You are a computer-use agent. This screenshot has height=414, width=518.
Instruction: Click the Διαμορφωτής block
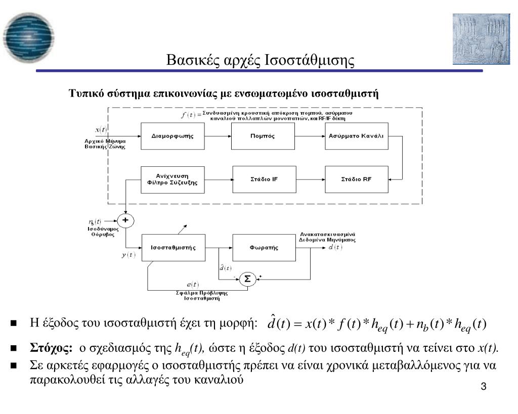tap(172, 136)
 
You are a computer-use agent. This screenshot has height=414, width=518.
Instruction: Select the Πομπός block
tap(262, 136)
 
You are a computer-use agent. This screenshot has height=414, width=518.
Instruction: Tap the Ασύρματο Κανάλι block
tap(356, 136)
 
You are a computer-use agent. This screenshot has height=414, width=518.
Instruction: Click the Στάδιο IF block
tap(264, 179)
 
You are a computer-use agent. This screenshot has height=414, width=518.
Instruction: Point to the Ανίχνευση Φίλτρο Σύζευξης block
tap(172, 179)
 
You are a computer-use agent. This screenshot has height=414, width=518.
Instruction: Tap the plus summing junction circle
tap(125, 220)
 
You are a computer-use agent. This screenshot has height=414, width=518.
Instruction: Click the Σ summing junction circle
tap(247, 279)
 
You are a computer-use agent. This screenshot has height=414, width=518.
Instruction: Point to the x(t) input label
tap(101, 130)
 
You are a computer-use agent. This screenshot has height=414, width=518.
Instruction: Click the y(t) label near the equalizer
tap(128, 255)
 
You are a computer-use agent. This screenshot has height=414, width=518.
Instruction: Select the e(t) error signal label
tap(192, 285)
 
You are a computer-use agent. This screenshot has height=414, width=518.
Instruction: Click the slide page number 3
tap(484, 387)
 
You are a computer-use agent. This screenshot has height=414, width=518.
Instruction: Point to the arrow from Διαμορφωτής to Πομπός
tap(218, 136)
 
